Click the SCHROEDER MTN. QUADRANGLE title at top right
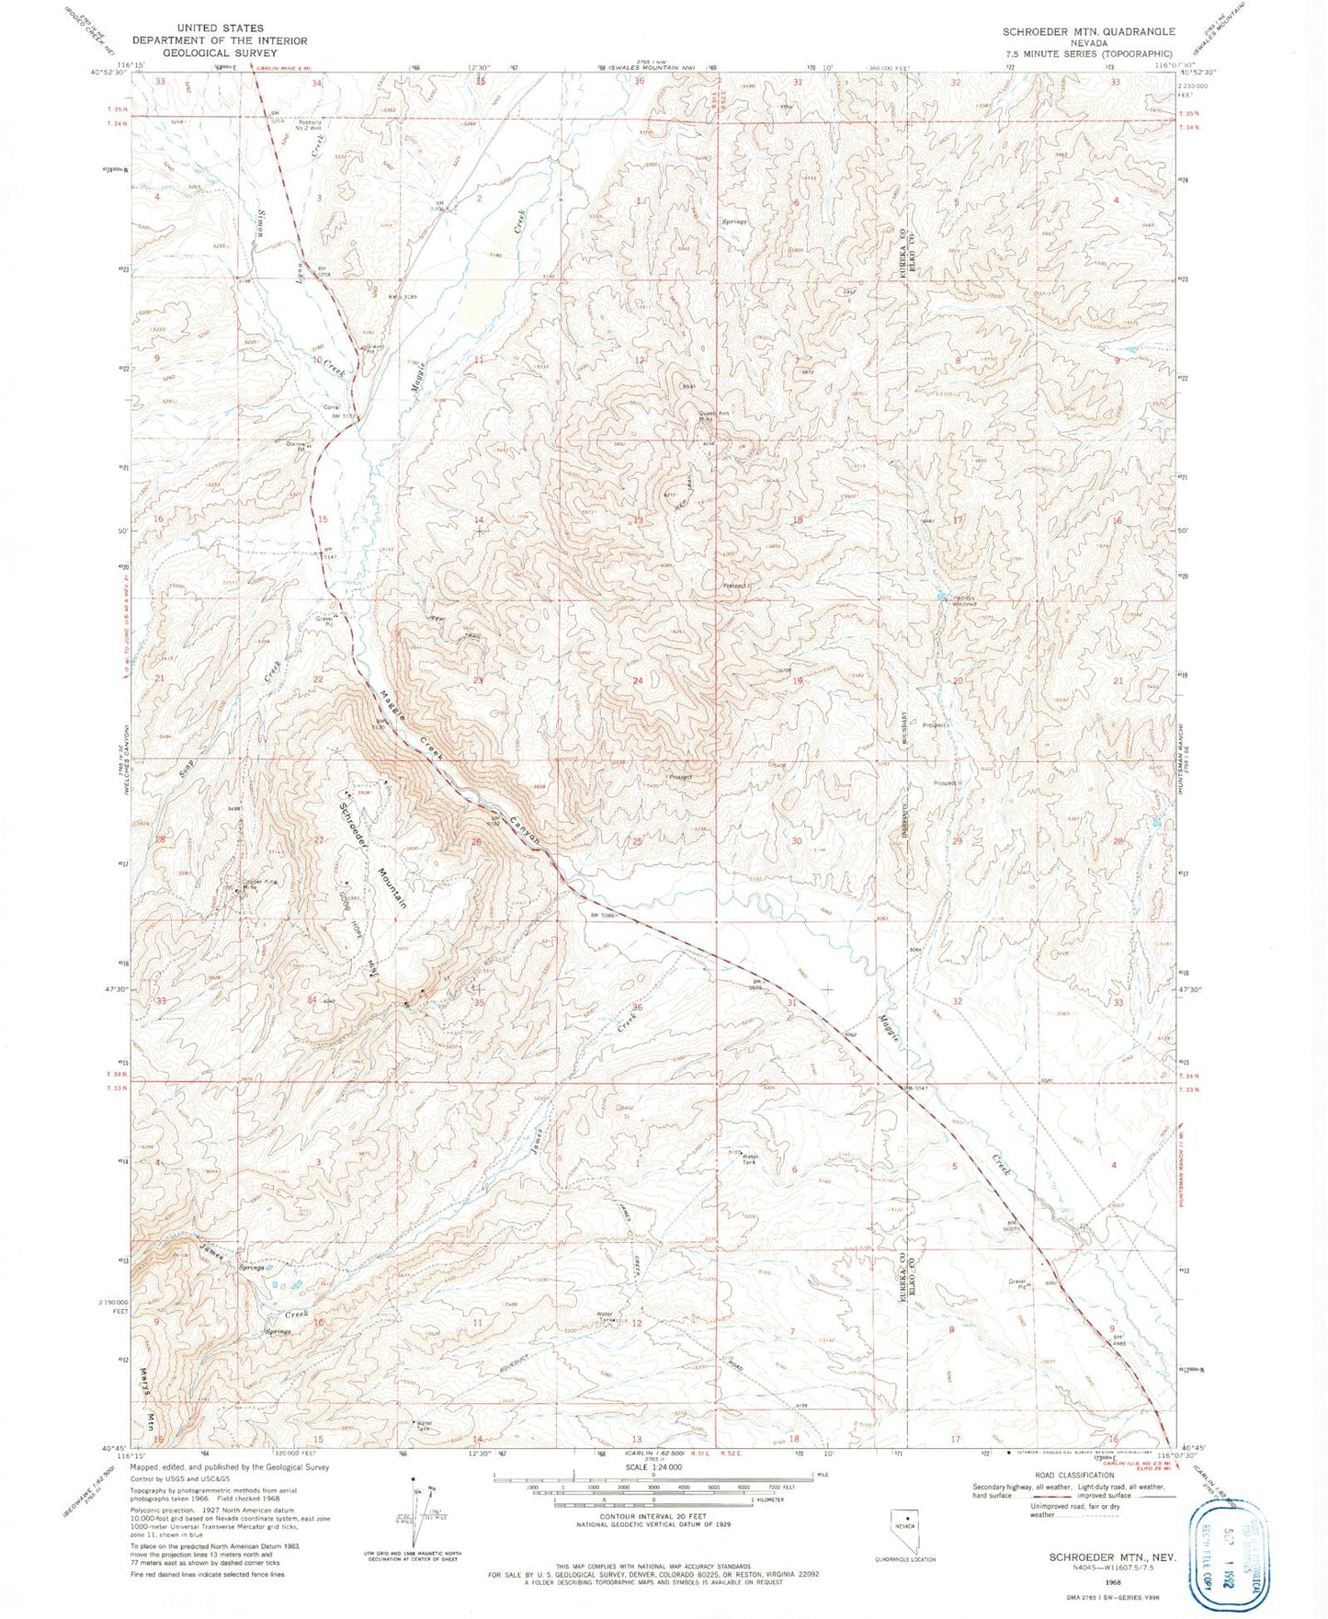(1088, 31)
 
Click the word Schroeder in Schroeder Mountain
(354, 816)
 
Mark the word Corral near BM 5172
(332, 406)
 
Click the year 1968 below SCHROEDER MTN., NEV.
(1113, 1583)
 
